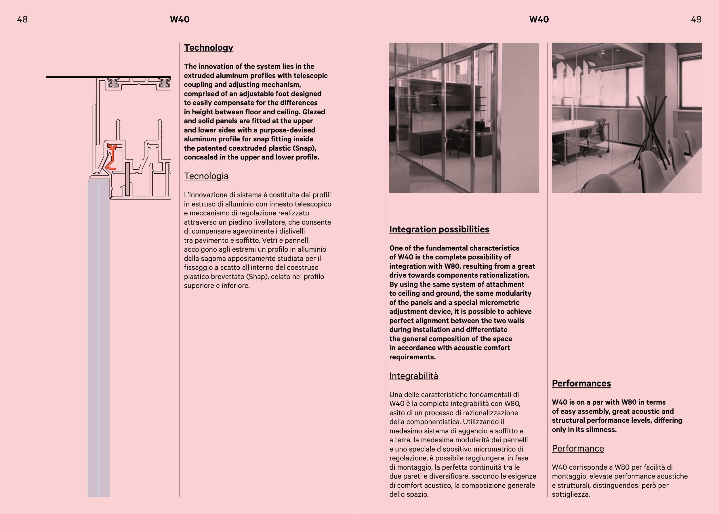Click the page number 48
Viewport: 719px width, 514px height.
(x=22, y=20)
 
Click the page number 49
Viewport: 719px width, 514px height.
(x=696, y=20)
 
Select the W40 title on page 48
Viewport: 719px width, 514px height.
(x=180, y=20)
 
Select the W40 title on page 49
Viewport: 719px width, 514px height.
(x=539, y=20)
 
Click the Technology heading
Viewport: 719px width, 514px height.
(x=208, y=48)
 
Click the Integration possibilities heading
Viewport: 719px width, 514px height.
(x=439, y=230)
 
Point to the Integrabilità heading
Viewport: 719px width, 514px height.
(x=413, y=376)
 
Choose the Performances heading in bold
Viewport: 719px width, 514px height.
(x=581, y=384)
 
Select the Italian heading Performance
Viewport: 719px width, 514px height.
(x=578, y=449)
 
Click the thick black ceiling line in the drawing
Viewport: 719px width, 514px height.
(x=95, y=77)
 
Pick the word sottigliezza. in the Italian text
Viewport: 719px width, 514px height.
(x=571, y=494)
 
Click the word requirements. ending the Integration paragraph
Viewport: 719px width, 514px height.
(x=412, y=357)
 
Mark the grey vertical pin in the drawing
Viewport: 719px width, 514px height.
(x=127, y=179)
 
